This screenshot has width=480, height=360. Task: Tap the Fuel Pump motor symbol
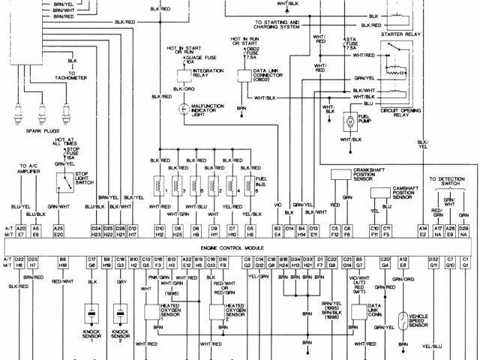tap(349, 121)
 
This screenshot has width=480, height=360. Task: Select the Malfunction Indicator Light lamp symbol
tap(181, 109)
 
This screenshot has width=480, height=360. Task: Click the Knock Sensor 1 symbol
tap(92, 312)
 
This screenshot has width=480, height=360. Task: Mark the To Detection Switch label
tap(448, 181)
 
